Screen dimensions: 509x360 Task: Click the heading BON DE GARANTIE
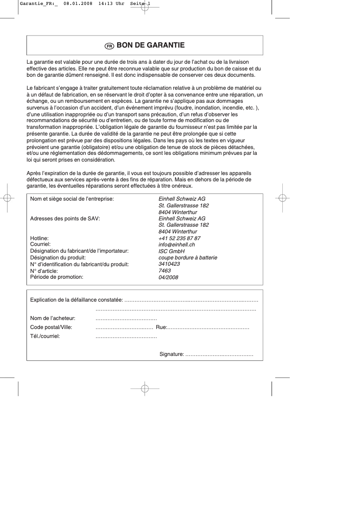pos(150,45)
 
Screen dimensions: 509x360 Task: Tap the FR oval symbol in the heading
pos(109,46)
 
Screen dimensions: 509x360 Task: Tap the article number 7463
pos(165,271)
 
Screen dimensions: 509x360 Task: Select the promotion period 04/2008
pos(168,277)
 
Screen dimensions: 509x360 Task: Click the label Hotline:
pos(39,238)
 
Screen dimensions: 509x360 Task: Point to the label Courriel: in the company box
pos(40,244)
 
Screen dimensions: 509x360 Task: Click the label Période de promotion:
pos(57,277)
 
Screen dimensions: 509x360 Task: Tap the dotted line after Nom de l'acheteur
pos(126,318)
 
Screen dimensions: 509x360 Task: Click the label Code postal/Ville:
pos(51,327)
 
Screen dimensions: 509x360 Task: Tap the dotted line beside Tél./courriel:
pos(126,335)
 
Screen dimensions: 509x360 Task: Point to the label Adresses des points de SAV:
pos(65,219)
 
